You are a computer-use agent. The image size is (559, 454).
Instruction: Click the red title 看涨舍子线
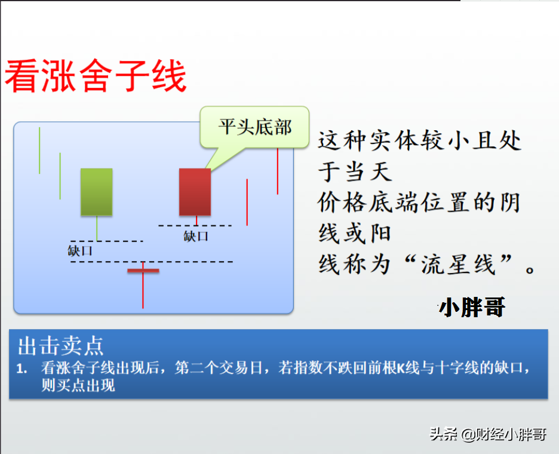[x=96, y=76]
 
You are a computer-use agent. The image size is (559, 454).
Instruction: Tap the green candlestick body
[x=97, y=192]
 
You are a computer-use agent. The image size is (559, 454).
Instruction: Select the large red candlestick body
[x=195, y=192]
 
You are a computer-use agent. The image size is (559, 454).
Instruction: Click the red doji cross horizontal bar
[x=143, y=271]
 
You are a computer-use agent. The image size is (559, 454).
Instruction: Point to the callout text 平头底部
[x=255, y=127]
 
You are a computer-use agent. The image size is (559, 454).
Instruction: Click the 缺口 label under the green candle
[x=80, y=251]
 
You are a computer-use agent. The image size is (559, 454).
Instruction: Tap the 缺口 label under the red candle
[x=196, y=236]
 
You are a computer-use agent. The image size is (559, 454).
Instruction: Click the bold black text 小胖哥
[x=472, y=307]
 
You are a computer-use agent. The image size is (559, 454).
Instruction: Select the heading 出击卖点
[x=60, y=346]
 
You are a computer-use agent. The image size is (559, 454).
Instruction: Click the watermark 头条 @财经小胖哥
[x=488, y=434]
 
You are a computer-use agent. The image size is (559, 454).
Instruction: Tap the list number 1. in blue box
[x=21, y=369]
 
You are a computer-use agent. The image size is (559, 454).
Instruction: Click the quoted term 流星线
[x=459, y=264]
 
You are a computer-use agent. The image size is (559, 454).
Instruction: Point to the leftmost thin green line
[x=39, y=151]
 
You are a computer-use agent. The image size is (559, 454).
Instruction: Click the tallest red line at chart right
[x=278, y=171]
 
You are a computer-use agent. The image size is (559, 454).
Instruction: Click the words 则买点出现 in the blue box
[x=78, y=385]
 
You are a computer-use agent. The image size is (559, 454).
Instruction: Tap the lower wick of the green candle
[x=97, y=228]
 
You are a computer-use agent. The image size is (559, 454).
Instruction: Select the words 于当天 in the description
[x=355, y=171]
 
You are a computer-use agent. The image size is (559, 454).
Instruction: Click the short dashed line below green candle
[x=107, y=241]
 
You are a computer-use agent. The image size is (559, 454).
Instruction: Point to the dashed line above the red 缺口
[x=195, y=226]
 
